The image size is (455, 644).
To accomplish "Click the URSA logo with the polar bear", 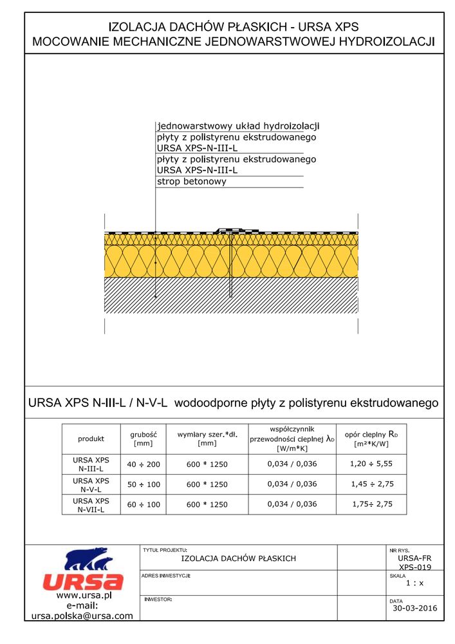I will [82, 570].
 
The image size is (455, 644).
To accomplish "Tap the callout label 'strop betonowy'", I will [192, 182].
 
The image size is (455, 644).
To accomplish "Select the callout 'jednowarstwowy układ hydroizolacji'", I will [238, 126].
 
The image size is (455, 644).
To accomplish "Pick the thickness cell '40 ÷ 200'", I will [143, 464].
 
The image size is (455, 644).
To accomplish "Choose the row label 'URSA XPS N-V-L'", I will [91, 484].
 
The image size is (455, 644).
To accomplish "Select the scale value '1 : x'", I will [414, 583].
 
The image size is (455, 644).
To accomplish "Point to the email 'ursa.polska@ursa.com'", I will [82, 616].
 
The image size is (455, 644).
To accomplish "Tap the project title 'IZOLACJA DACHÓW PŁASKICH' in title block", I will [239, 558].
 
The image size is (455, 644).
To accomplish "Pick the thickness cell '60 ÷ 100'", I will [143, 505].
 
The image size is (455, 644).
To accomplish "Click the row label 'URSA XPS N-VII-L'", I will [91, 505].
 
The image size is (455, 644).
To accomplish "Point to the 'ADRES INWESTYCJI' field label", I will [165, 575].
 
